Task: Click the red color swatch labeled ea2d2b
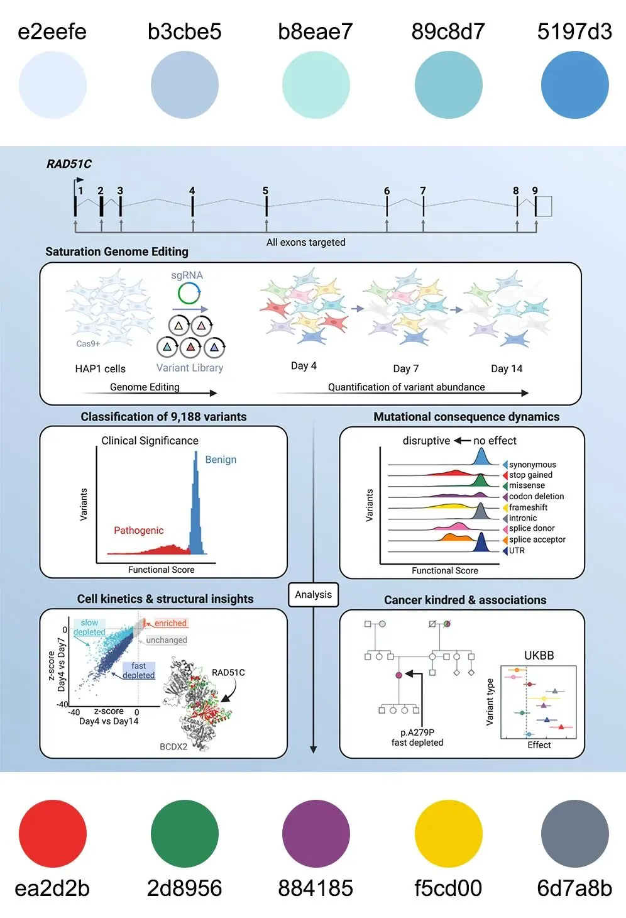[53, 834]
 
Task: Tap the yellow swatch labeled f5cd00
[448, 834]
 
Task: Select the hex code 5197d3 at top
[574, 31]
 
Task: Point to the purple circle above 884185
[316, 834]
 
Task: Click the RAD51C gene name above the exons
[69, 164]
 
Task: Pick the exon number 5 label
[265, 191]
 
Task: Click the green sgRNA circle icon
[189, 293]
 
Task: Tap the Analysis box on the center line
[313, 595]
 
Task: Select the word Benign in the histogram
[221, 460]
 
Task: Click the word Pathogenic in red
[138, 531]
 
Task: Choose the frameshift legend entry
[528, 507]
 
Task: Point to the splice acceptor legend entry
[537, 539]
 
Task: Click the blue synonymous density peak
[481, 457]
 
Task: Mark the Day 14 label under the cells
[507, 368]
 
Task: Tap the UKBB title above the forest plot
[539, 655]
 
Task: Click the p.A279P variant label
[417, 733]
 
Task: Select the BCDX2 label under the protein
[173, 747]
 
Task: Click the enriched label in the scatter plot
[170, 623]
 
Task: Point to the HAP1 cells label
[100, 369]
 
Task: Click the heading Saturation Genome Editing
[117, 252]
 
